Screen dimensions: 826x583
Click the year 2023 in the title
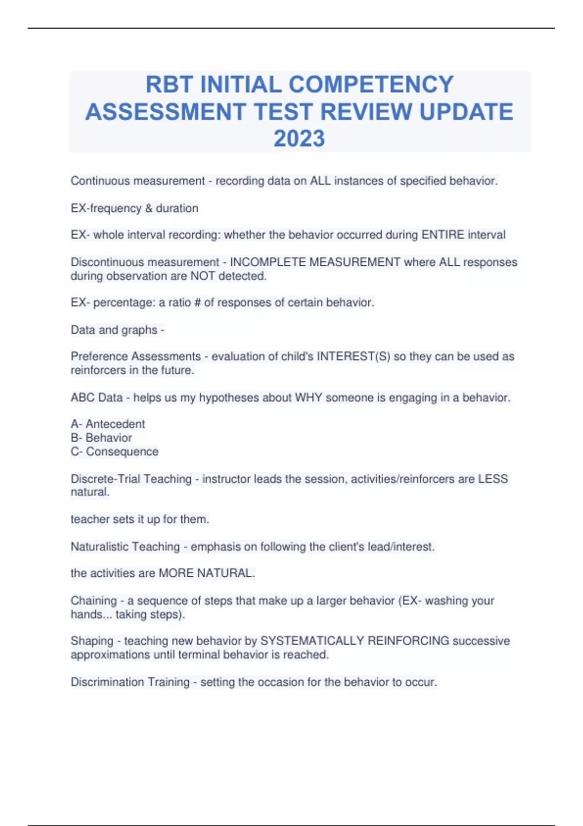(x=299, y=138)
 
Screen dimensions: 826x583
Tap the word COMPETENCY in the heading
(x=371, y=85)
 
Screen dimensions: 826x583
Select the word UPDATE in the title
(x=466, y=112)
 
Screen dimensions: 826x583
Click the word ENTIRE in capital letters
(x=443, y=235)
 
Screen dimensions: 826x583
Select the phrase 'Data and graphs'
(x=114, y=330)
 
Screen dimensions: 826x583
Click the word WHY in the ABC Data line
(x=309, y=398)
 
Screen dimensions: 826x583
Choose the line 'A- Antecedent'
(x=108, y=424)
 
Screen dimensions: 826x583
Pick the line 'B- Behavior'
(x=101, y=438)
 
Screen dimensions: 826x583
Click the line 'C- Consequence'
(x=115, y=452)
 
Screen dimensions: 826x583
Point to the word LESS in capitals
(x=493, y=479)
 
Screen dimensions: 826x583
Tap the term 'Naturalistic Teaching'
(x=125, y=547)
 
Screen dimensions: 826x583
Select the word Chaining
(x=94, y=601)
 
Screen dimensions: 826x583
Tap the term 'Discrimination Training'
(x=130, y=682)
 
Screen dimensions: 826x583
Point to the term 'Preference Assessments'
(x=136, y=357)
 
